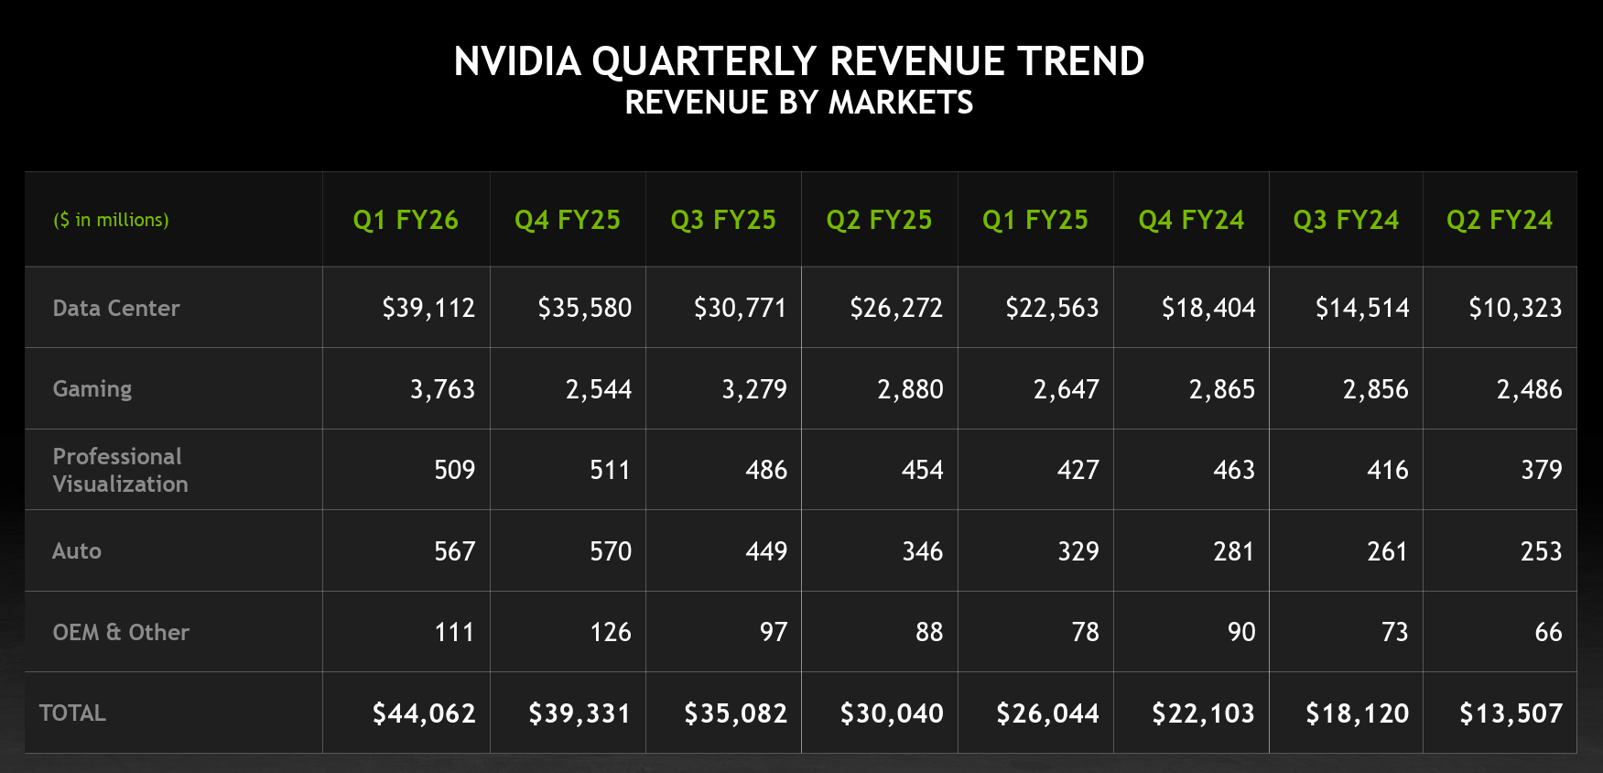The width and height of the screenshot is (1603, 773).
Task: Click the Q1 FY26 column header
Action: pyautogui.click(x=406, y=220)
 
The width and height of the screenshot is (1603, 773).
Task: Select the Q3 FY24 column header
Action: pyautogui.click(x=1346, y=220)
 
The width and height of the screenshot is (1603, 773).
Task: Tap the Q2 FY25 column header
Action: pyautogui.click(x=879, y=220)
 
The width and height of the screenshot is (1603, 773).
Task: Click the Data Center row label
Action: pyautogui.click(x=116, y=308)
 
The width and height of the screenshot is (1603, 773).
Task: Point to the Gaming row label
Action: pyautogui.click(x=92, y=389)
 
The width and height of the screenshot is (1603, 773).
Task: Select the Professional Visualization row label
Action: pyautogui.click(x=120, y=470)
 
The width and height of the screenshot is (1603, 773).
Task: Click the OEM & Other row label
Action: pyautogui.click(x=121, y=632)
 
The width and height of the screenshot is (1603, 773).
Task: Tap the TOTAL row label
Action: pyautogui.click(x=72, y=713)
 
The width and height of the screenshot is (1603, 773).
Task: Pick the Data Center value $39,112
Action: pyautogui.click(x=428, y=308)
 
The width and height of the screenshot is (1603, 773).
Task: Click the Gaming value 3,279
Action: pyautogui.click(x=754, y=389)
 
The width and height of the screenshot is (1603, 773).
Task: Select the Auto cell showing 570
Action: pyautogui.click(x=611, y=551)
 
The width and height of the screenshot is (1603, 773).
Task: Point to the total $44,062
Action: pyautogui.click(x=424, y=713)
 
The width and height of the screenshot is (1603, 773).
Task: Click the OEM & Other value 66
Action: pyautogui.click(x=1548, y=632)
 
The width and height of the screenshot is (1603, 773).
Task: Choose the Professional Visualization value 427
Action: pyautogui.click(x=1078, y=470)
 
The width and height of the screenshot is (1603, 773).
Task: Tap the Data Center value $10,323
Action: pyautogui.click(x=1515, y=308)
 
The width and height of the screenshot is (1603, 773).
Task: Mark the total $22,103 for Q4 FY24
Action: pyautogui.click(x=1203, y=713)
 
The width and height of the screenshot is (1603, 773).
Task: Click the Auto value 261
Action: pyautogui.click(x=1387, y=551)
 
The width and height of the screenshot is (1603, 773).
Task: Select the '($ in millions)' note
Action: pyautogui.click(x=111, y=220)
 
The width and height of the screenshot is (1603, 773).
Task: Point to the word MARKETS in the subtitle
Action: pyautogui.click(x=901, y=103)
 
